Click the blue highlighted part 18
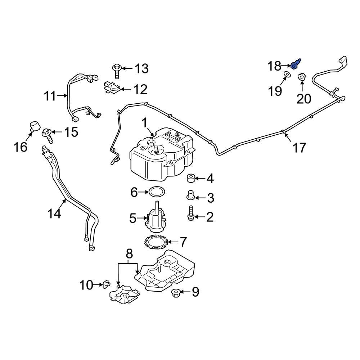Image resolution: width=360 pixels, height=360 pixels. point(296,65)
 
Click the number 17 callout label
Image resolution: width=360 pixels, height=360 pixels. point(299,148)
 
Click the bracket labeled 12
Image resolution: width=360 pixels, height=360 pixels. point(111,87)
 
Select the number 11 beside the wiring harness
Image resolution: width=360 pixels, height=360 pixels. point(50,96)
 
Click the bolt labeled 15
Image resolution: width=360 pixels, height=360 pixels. point(48,134)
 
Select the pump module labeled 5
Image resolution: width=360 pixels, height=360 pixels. point(155,218)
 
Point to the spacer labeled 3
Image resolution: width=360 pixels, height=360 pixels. point(190,195)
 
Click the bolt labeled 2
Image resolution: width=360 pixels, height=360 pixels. point(190,213)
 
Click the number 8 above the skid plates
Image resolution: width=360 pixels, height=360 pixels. point(129,254)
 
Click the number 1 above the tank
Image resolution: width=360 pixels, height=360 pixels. point(144,123)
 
